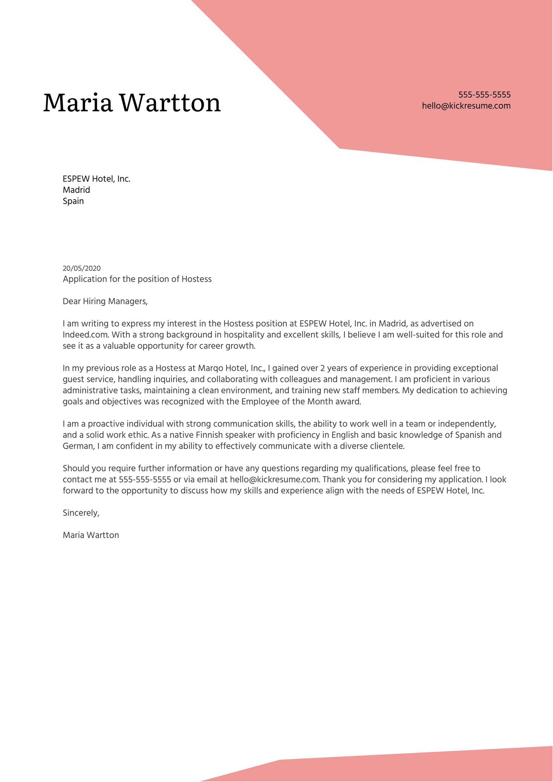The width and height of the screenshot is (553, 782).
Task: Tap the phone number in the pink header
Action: (x=484, y=95)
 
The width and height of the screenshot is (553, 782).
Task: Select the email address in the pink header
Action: (x=466, y=106)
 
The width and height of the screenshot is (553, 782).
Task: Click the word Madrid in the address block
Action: (x=76, y=190)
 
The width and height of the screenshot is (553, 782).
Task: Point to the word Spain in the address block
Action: (x=73, y=201)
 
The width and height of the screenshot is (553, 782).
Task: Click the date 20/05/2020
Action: (x=82, y=268)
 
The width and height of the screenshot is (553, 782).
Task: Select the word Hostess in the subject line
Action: (x=196, y=279)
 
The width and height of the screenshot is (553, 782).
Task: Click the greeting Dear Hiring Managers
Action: (x=105, y=301)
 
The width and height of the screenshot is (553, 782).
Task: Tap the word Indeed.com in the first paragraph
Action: (x=86, y=335)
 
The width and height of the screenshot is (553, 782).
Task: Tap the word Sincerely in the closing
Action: (x=81, y=513)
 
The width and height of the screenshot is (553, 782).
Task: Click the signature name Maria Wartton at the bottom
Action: (x=91, y=535)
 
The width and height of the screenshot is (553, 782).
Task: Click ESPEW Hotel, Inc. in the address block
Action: (x=96, y=179)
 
